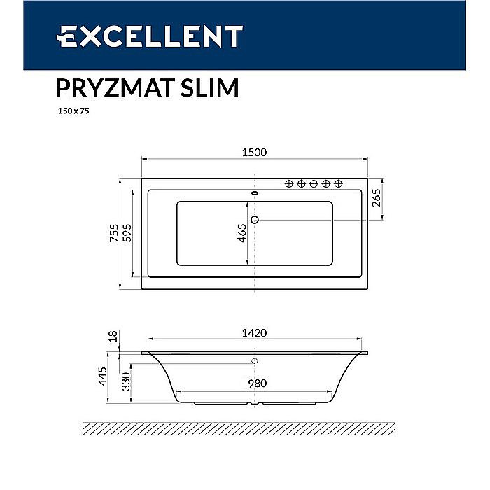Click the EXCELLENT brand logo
tap(150, 36)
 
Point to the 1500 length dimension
tap(253, 153)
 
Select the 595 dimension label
tap(127, 233)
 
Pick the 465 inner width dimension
tap(241, 233)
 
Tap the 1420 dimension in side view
tap(253, 333)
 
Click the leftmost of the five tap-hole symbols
tap(288, 183)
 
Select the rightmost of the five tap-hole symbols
tap(339, 183)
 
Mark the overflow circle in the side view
tap(254, 361)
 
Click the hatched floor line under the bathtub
tap(253, 428)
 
